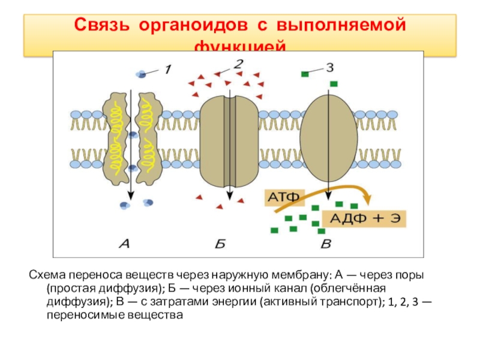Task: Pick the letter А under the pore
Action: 125,243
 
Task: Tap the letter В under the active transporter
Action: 326,243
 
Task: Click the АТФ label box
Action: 284,197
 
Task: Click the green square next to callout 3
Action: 305,74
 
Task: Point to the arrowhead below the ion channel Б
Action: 229,202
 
